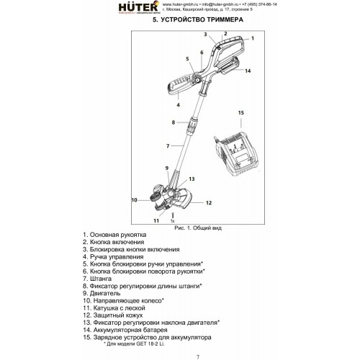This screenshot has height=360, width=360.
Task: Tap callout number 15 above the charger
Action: (x=240, y=113)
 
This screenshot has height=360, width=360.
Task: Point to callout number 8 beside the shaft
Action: (x=173, y=123)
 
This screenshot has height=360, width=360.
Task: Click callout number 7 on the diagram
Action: (x=167, y=146)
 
